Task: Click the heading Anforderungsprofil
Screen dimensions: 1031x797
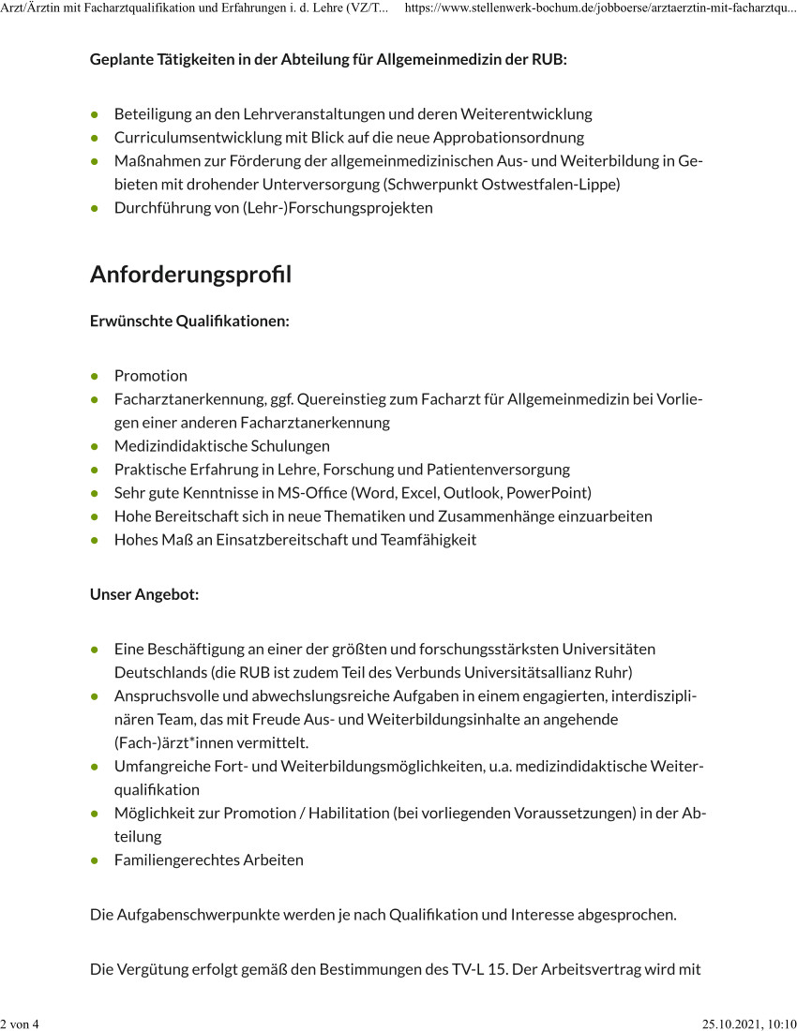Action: point(190,276)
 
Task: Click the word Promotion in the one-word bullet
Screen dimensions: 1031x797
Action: point(150,376)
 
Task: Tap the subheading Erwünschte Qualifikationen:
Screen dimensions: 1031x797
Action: point(189,321)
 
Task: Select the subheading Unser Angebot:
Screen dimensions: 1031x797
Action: point(144,594)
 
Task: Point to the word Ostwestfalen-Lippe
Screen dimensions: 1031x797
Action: point(550,185)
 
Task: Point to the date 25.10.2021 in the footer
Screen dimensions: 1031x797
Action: point(733,1024)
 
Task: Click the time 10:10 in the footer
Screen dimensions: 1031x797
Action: point(783,1024)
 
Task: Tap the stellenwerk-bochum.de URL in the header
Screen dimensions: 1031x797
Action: point(600,8)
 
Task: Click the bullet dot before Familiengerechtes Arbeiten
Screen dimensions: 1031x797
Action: point(96,859)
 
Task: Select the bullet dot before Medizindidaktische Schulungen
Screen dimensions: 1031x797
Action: point(96,446)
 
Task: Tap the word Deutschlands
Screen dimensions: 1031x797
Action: point(160,672)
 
